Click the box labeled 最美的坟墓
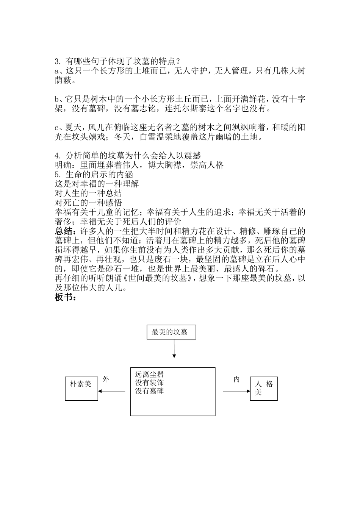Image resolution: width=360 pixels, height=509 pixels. coord(171,333)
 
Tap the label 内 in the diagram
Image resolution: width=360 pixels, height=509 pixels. coord(236,379)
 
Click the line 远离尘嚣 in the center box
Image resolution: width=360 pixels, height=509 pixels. coord(149,375)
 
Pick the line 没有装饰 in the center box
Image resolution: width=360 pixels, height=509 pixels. coord(149,383)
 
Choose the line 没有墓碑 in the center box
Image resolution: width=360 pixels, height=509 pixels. coord(149,391)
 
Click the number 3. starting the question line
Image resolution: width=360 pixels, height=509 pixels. coord(58,61)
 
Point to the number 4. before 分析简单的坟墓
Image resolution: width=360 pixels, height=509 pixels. coord(58,156)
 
